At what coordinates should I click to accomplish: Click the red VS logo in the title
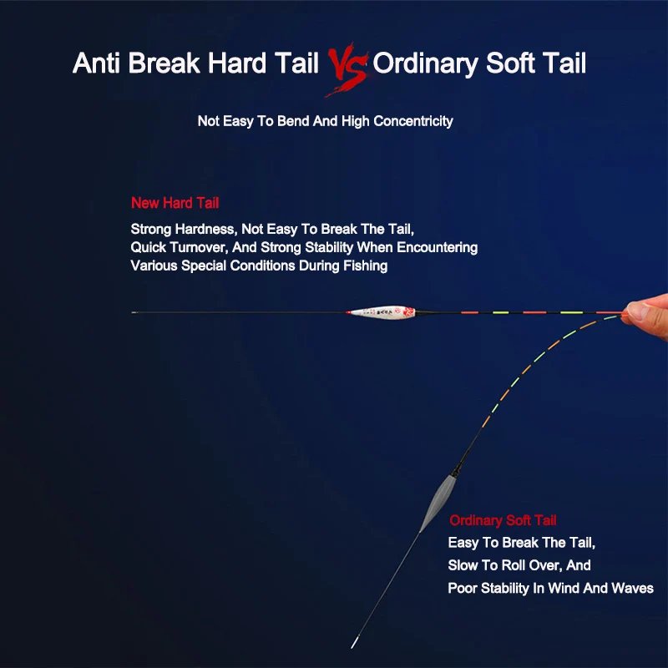click(347, 68)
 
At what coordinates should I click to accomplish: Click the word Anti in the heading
click(96, 63)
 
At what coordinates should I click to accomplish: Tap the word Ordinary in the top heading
click(426, 64)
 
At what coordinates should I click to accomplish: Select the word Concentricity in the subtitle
click(412, 121)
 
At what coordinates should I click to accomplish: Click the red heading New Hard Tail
click(175, 203)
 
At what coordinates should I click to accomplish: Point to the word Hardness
click(205, 229)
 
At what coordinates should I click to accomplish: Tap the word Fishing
click(365, 266)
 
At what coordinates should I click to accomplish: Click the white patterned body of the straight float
click(381, 312)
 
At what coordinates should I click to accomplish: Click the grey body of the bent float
click(438, 504)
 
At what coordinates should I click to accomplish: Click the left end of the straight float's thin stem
click(132, 312)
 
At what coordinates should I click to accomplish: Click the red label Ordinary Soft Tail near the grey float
click(503, 520)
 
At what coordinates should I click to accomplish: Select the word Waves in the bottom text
click(632, 588)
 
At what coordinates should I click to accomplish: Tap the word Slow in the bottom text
click(463, 565)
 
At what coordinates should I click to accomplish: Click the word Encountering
click(437, 247)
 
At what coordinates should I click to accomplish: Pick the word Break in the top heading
click(164, 63)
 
